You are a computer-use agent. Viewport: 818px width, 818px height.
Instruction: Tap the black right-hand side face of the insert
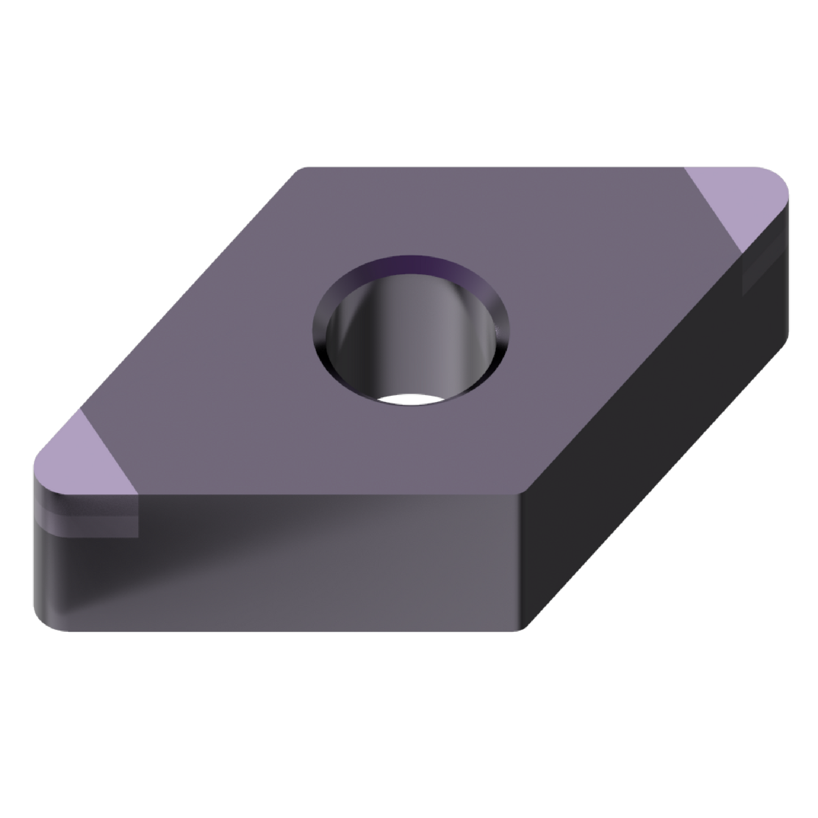click(651, 453)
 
